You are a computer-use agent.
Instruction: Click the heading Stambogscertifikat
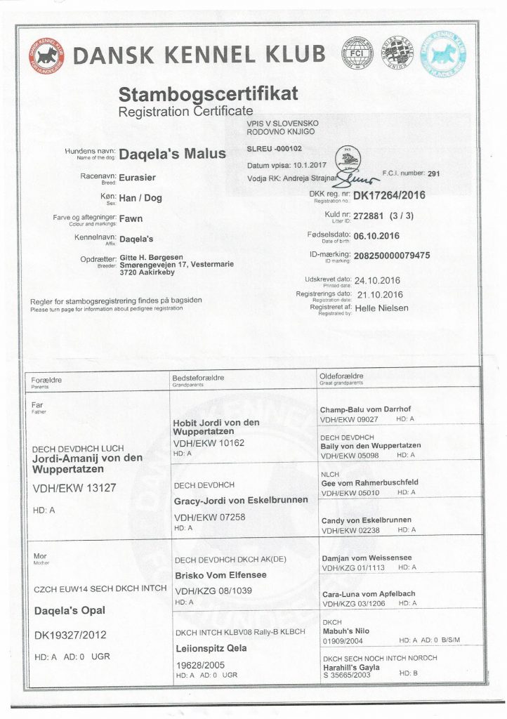[209, 93]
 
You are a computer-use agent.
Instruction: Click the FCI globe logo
[356, 53]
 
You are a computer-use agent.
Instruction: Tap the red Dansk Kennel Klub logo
[46, 55]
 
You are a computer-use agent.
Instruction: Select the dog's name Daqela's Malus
[173, 154]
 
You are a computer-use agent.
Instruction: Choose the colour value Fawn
[131, 218]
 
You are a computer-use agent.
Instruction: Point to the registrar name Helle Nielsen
[381, 308]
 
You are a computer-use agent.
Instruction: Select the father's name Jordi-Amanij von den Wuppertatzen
[88, 463]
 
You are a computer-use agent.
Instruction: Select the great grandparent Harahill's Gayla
[351, 666]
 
